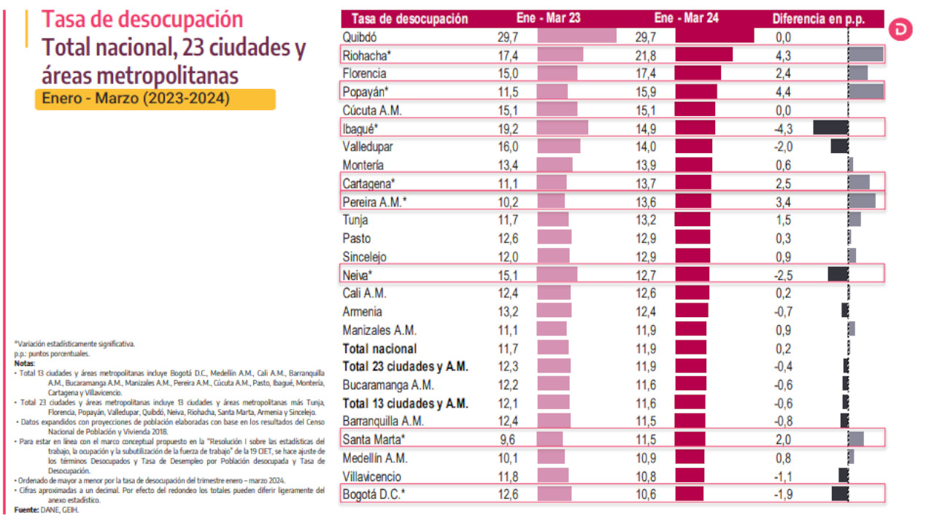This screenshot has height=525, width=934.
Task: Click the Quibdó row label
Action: pos(360,36)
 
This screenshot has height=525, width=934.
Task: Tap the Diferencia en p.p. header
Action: pos(818,18)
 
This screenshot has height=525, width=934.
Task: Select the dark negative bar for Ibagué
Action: pos(830,128)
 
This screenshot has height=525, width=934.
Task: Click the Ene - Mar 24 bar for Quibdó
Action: pos(714,36)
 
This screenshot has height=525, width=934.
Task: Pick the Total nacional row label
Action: pos(379,349)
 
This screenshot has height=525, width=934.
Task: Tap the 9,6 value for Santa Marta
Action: pos(506,440)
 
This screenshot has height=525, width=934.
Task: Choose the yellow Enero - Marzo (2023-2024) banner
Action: pos(155,99)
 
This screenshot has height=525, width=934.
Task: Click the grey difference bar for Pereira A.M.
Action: pos(862,201)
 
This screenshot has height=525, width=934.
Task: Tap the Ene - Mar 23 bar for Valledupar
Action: pos(558,146)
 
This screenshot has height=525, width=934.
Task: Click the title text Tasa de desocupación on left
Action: pos(142,19)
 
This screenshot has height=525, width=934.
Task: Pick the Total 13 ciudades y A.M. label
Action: pos(405,403)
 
